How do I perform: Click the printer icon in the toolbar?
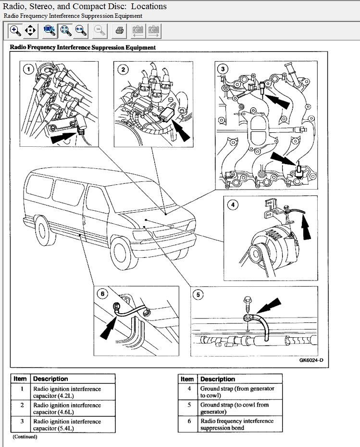[x=119, y=30]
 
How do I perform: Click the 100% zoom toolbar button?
[x=50, y=30]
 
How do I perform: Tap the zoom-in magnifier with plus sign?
[x=15, y=30]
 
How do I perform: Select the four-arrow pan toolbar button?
[x=30, y=30]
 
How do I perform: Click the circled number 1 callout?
[x=28, y=69]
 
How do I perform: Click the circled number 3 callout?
[x=223, y=69]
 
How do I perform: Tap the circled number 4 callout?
[x=233, y=204]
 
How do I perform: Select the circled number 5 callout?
[x=198, y=294]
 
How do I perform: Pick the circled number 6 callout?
[x=102, y=294]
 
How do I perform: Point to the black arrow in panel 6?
[x=108, y=329]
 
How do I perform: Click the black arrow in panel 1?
[x=63, y=138]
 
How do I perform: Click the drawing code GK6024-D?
[x=311, y=360]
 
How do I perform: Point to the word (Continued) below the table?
[x=25, y=436]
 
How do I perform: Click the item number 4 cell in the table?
[x=188, y=392]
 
